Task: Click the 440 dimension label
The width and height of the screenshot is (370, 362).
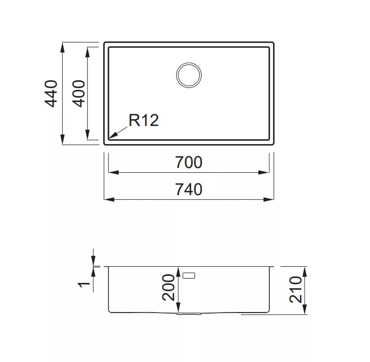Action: click(51, 94)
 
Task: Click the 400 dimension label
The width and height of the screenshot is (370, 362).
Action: click(79, 94)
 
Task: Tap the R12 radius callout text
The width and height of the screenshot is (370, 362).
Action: click(143, 120)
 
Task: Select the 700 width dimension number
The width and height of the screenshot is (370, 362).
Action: click(189, 162)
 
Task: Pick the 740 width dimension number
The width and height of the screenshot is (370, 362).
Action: click(189, 189)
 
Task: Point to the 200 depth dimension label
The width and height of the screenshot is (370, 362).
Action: click(168, 287)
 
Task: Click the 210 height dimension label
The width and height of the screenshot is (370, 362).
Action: click(295, 290)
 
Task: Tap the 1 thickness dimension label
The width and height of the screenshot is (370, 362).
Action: click(84, 285)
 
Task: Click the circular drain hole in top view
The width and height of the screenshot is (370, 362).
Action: click(189, 75)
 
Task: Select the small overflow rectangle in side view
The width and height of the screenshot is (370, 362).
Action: click(189, 275)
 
